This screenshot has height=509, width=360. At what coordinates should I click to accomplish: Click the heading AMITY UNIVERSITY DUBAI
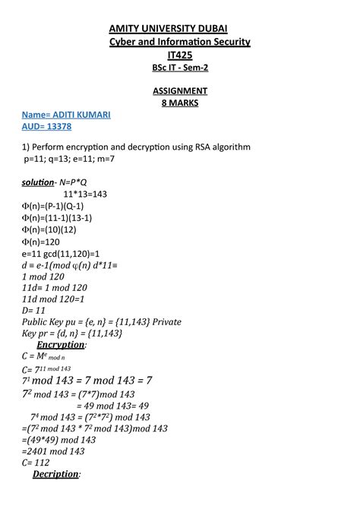[x=180, y=28]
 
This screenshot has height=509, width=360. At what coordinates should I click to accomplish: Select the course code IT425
[x=180, y=55]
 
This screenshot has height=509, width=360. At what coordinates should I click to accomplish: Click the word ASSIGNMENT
[x=180, y=90]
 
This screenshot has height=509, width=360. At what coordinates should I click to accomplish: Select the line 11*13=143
[x=85, y=194]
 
